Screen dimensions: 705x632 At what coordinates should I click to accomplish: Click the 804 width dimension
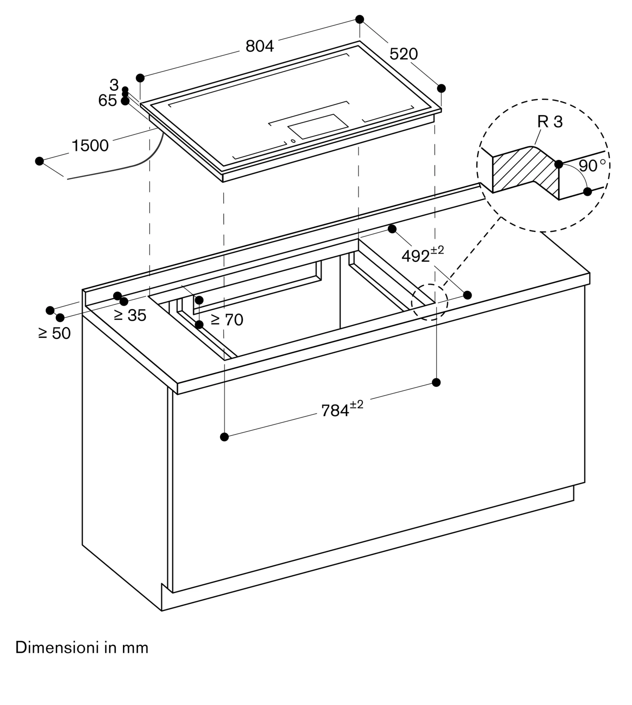(259, 46)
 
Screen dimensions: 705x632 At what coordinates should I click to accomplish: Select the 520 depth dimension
(404, 54)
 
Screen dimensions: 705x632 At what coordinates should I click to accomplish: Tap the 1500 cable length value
(90, 146)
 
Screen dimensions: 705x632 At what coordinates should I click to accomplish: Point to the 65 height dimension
(108, 101)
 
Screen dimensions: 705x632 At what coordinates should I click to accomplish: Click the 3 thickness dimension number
(114, 85)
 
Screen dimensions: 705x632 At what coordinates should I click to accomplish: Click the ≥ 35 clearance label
(130, 315)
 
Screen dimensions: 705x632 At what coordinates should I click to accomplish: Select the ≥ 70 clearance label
(227, 320)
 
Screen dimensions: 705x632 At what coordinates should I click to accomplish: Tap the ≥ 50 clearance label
(55, 333)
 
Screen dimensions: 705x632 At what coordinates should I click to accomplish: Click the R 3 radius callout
(550, 122)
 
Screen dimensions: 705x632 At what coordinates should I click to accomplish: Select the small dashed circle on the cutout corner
(429, 302)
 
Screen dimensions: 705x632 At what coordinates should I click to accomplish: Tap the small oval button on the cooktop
(293, 141)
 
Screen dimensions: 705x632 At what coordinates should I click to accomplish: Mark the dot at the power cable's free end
(39, 161)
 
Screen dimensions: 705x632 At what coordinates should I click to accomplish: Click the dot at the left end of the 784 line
(224, 437)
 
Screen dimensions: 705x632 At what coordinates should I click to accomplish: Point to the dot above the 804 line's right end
(360, 19)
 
